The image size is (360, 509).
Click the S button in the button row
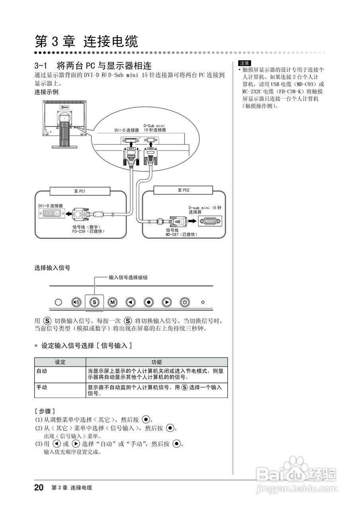coord(94,302)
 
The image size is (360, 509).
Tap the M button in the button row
coord(113,302)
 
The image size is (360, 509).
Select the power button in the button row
coord(184,302)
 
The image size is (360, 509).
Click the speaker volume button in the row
coord(76,302)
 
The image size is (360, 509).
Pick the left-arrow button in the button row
coord(130,302)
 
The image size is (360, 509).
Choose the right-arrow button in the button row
coord(167,302)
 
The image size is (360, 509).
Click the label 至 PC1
coord(80,191)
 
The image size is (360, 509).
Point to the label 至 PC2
coord(183,190)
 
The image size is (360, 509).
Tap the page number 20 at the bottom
coord(39,488)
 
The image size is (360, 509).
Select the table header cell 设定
coord(60,362)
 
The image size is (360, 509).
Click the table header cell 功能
coord(157,362)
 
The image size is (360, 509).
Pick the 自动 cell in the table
coord(42,371)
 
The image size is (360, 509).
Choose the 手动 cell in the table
coord(42,387)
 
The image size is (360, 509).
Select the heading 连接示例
coord(47,92)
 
